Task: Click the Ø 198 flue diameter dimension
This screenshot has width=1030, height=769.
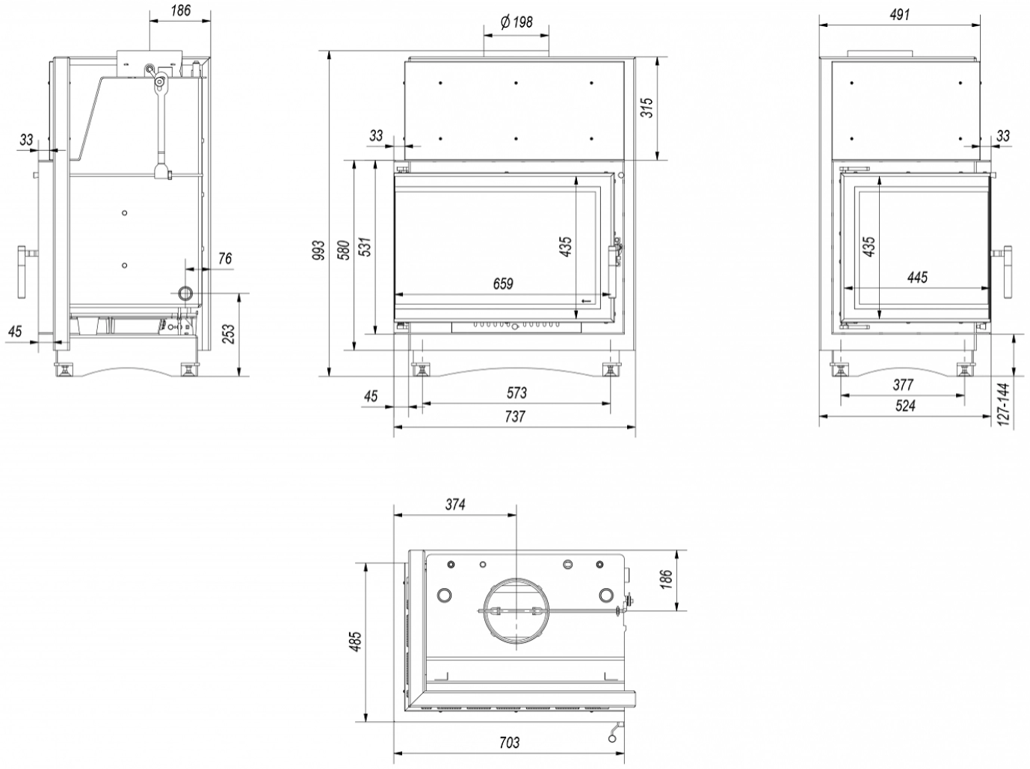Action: point(516,22)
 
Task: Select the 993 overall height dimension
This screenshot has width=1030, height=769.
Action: point(319,250)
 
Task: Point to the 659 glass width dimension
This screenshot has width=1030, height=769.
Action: point(504,284)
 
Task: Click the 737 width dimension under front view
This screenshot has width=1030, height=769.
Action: point(515,417)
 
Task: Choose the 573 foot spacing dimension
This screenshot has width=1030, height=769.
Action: point(516,392)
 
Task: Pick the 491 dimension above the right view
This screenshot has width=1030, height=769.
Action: point(901,13)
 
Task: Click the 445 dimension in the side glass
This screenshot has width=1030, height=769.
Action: point(918,277)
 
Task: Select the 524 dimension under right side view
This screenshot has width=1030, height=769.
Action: point(905,406)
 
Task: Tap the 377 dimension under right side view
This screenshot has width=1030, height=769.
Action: point(904,385)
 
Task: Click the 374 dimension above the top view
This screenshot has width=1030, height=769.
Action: point(455,504)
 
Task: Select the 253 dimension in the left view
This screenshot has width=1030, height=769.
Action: point(229,333)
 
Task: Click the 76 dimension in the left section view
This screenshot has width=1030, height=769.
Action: point(225,259)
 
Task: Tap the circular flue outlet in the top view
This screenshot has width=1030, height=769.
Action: point(516,612)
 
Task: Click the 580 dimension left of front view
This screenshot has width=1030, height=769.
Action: point(343,249)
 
